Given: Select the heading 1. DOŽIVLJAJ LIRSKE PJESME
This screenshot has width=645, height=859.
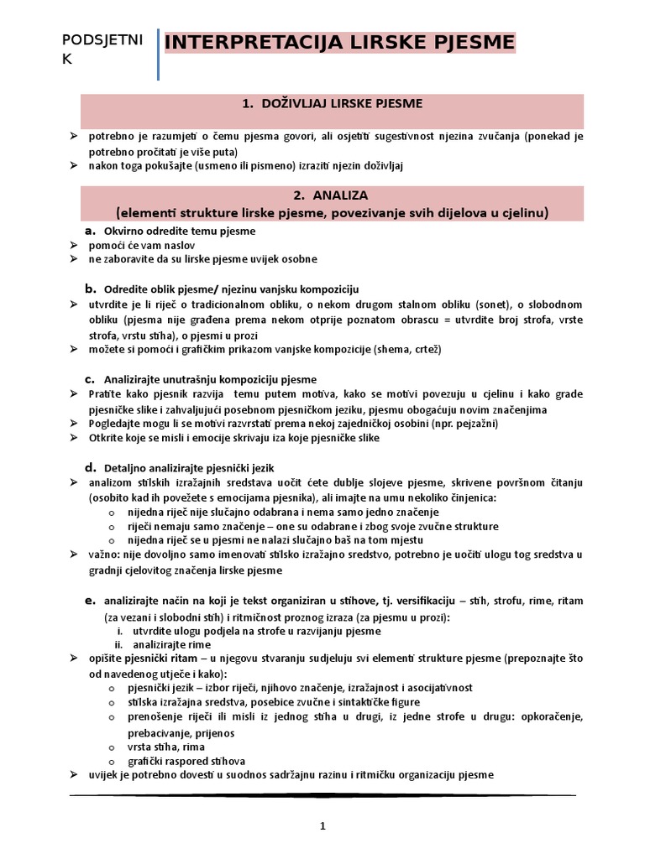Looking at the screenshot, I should click(331, 104).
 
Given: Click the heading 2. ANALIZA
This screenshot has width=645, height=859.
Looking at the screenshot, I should click(331, 195).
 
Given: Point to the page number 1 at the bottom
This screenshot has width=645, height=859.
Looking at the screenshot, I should click(322, 826).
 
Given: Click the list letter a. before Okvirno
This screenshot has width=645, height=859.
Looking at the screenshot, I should click(89, 230).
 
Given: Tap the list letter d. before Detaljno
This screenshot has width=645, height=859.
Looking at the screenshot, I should click(89, 466).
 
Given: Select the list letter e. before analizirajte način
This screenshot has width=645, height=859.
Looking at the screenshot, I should click(89, 601).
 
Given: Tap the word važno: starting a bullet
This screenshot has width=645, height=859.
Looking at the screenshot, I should click(105, 554).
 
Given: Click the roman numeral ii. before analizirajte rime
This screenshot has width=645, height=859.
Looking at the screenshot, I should click(119, 644).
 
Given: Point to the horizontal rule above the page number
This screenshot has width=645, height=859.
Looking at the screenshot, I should click(322, 794).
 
